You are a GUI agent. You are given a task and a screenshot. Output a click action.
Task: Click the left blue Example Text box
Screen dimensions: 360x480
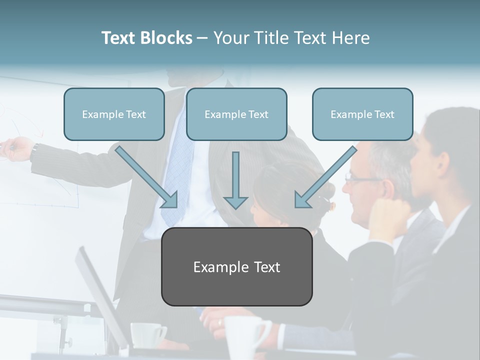pyautogui.click(x=114, y=114)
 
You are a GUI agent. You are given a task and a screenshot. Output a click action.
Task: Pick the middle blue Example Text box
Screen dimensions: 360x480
pyautogui.click(x=236, y=114)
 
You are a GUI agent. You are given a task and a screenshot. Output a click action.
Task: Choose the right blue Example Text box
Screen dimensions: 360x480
pyautogui.click(x=362, y=114)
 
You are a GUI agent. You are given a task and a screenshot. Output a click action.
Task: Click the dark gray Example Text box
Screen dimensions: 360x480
pyautogui.click(x=236, y=267)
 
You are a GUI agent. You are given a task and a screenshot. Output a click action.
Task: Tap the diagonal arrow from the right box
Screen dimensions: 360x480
pyautogui.click(x=325, y=177)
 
